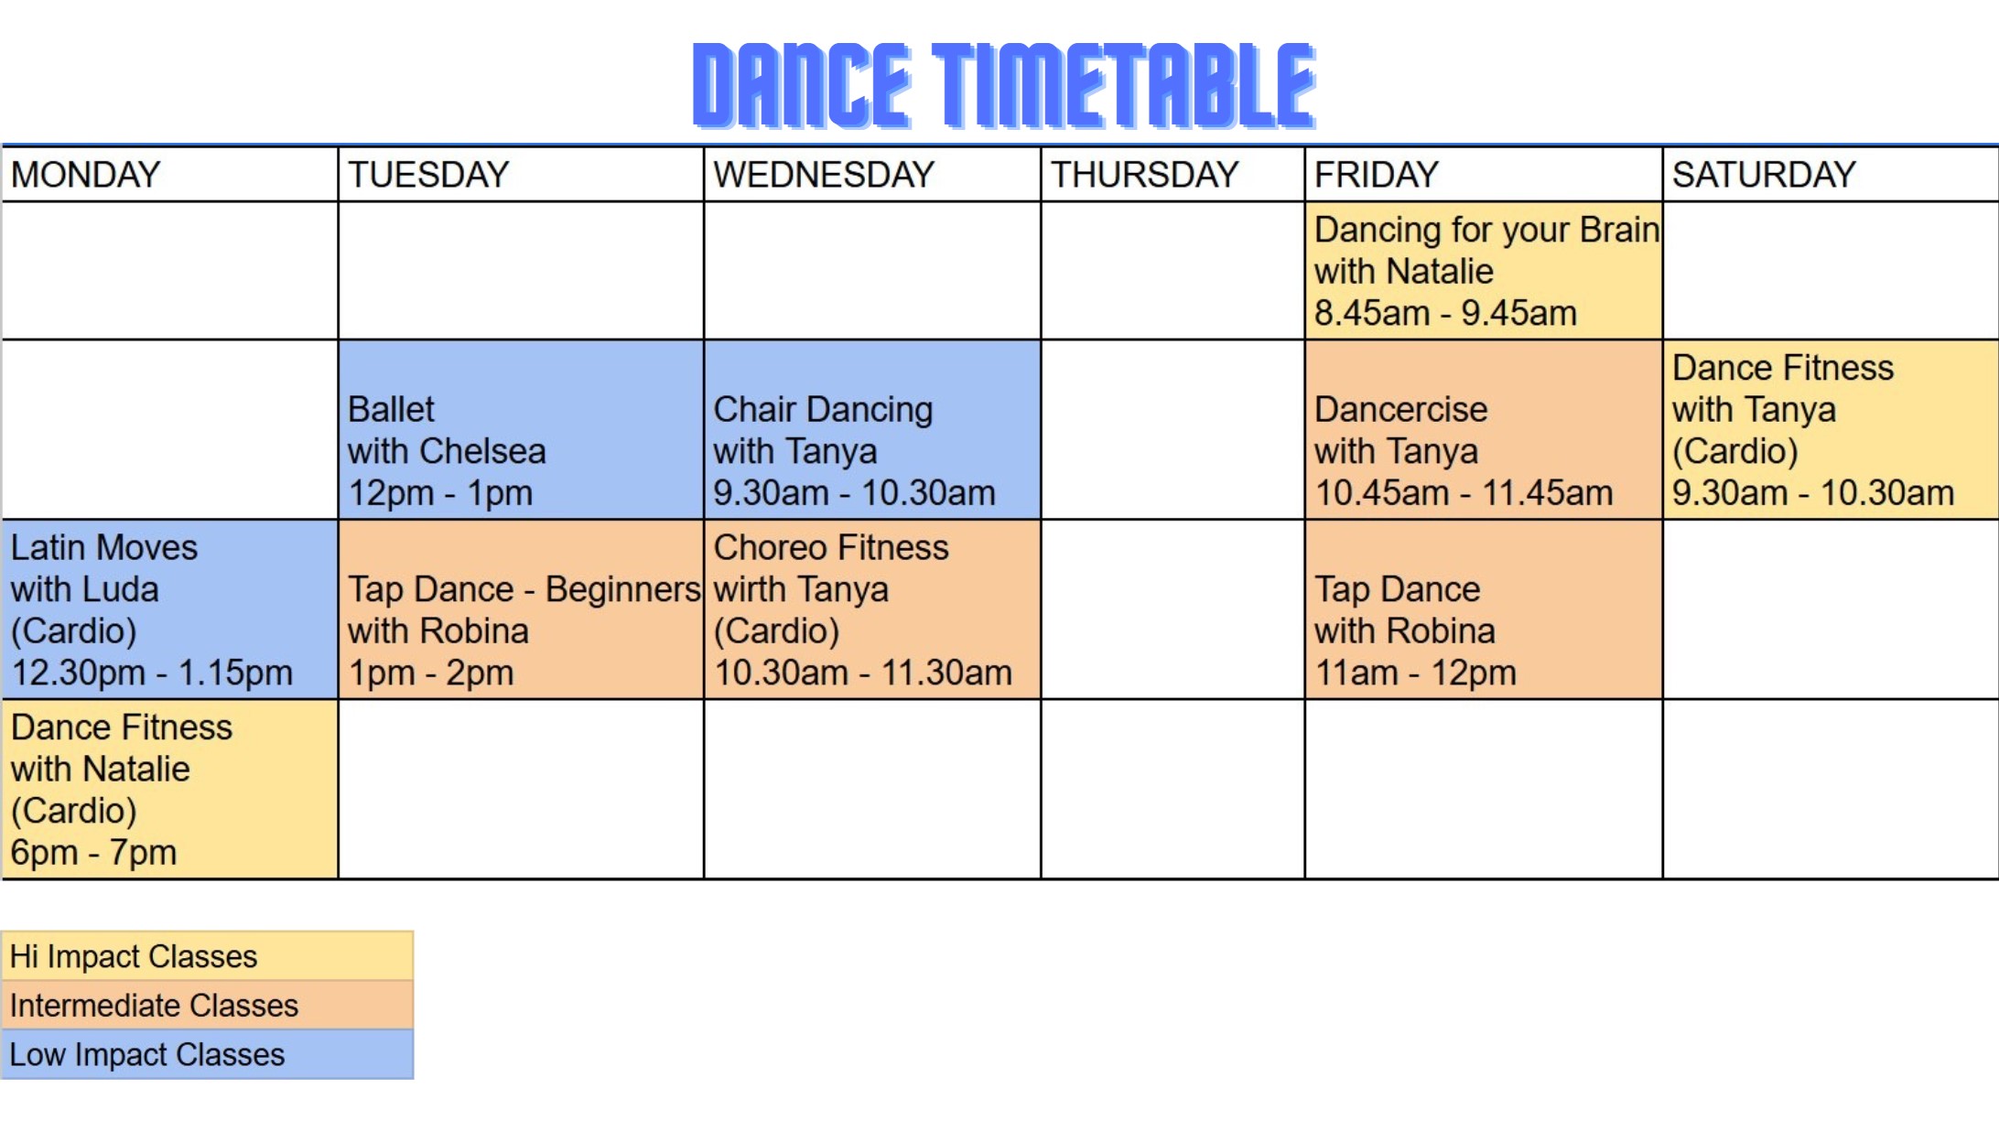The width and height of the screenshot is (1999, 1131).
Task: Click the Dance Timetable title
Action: pyautogui.click(x=1004, y=84)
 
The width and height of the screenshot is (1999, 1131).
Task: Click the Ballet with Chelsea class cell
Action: pyautogui.click(x=521, y=429)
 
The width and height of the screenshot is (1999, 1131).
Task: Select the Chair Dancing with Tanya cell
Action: pyautogui.click(x=872, y=429)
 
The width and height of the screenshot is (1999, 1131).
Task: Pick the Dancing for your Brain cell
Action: pyautogui.click(x=1484, y=271)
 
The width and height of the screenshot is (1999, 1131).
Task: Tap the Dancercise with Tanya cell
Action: pyautogui.click(x=1484, y=429)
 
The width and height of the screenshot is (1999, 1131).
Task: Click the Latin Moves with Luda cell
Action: pyautogui.click(x=170, y=609)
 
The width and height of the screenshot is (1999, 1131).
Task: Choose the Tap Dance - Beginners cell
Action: pyautogui.click(x=521, y=609)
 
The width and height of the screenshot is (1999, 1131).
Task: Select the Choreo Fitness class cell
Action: pyautogui.click(x=872, y=609)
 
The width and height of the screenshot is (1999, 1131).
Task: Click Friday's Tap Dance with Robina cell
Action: pyautogui.click(x=1484, y=609)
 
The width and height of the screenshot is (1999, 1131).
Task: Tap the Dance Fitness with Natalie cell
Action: pyautogui.click(x=170, y=789)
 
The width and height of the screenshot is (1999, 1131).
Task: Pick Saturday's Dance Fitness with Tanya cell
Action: pyautogui.click(x=1831, y=429)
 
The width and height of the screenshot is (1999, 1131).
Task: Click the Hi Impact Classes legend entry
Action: pyautogui.click(x=208, y=956)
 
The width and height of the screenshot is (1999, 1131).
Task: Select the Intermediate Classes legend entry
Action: pyautogui.click(x=208, y=1006)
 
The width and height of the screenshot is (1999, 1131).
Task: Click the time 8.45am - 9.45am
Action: pyautogui.click(x=1445, y=313)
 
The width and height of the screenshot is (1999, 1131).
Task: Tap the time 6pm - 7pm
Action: pyautogui.click(x=93, y=853)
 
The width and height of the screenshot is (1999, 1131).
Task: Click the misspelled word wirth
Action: pyautogui.click(x=755, y=589)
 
